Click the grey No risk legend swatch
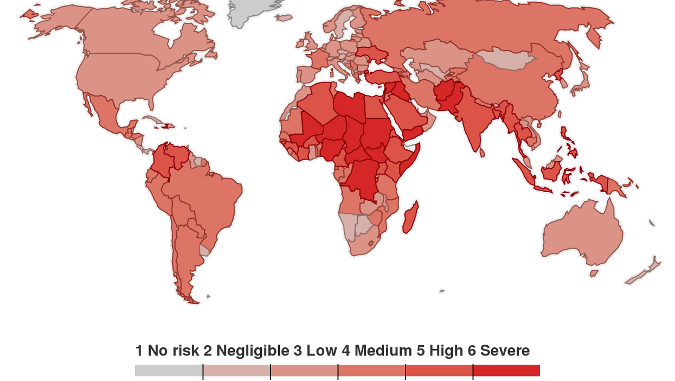click(169, 371)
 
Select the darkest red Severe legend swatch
click(506, 371)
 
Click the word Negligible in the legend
click(252, 351)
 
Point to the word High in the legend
click(446, 351)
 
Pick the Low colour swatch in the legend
click(304, 371)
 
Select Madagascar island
click(411, 216)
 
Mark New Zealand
click(645, 271)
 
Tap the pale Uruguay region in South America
click(204, 250)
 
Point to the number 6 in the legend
click(471, 351)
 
